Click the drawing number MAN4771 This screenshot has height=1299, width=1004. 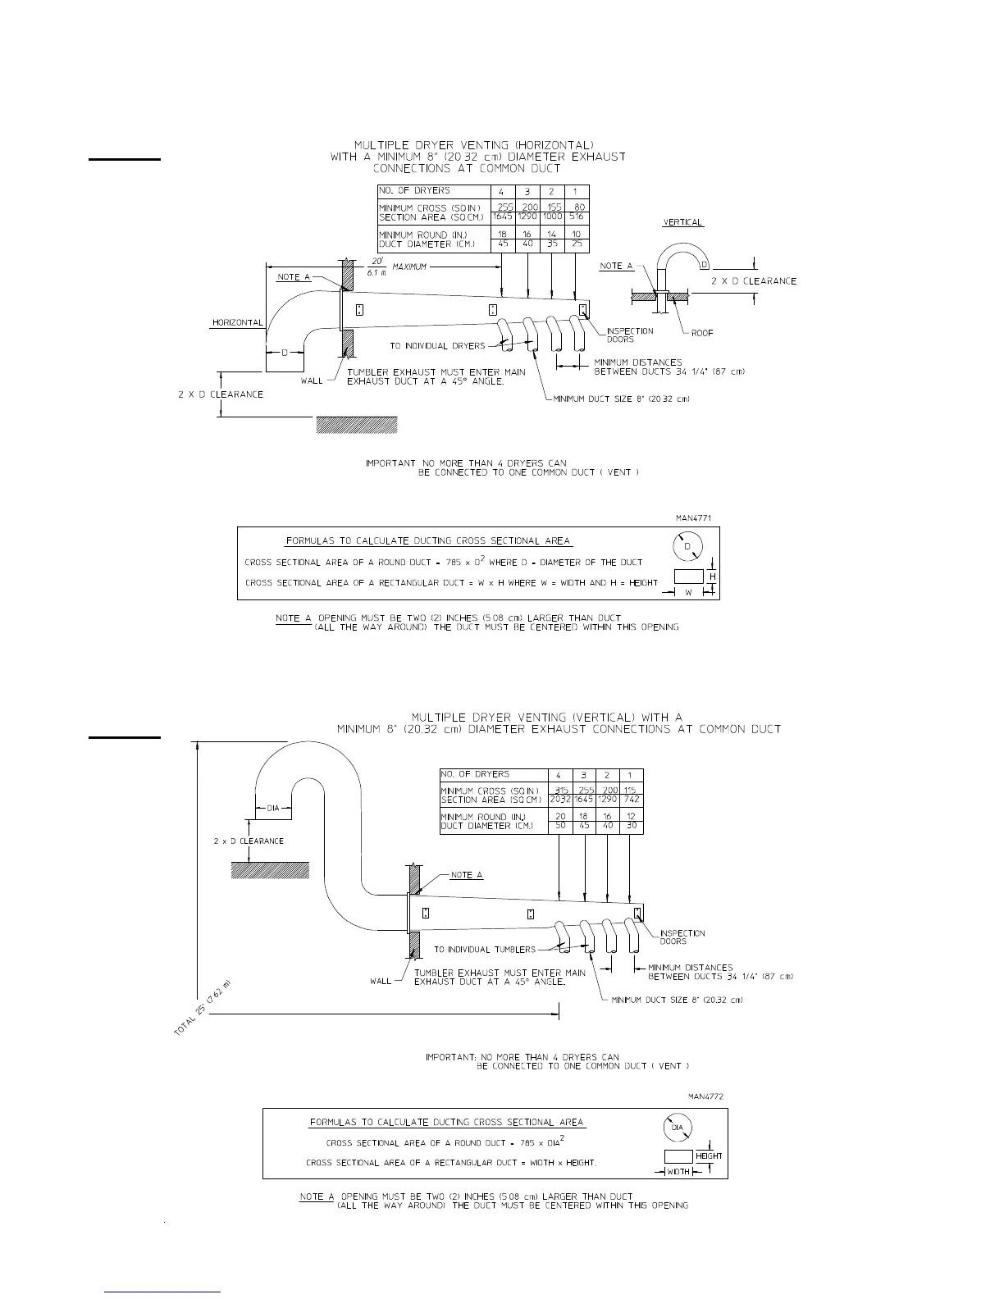(694, 517)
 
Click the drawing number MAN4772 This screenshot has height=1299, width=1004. (705, 1096)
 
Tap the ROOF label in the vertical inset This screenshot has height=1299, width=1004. (701, 333)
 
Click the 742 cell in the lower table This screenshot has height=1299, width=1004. (630, 800)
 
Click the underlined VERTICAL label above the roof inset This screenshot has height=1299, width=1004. (682, 222)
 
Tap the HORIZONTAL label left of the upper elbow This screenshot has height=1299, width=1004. (238, 323)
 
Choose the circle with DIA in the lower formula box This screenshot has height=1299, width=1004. (677, 1128)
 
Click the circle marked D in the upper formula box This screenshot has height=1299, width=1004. (687, 546)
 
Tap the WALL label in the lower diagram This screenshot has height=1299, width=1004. (381, 981)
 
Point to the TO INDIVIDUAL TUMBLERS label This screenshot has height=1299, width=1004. (485, 950)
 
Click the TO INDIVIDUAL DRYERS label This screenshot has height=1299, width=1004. (437, 345)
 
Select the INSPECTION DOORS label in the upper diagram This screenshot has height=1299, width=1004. (630, 335)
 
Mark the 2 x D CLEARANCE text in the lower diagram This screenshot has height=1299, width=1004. (243, 841)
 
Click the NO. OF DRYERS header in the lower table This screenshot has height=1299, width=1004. (475, 774)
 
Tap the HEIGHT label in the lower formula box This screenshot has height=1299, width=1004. (709, 1156)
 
